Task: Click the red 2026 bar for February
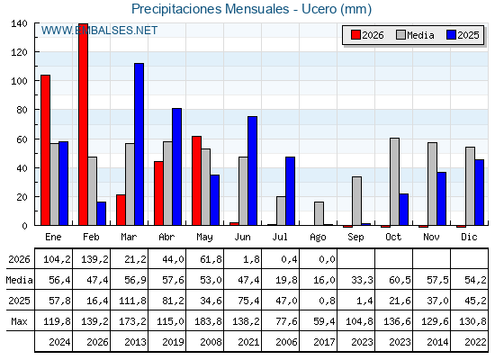coord(83,124)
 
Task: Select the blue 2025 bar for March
coord(139,144)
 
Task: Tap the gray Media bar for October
coord(395,182)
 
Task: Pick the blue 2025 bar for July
coord(290,191)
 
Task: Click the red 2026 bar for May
coord(197,181)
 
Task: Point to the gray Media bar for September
coord(356,201)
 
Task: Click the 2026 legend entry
coord(367,35)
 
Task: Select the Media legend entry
coord(415,35)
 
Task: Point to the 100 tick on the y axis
coord(19,81)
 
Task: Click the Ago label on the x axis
coord(319,238)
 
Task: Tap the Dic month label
coord(469,237)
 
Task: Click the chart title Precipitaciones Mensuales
coord(211,9)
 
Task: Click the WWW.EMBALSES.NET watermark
coord(99,31)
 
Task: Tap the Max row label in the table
coord(19,321)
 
